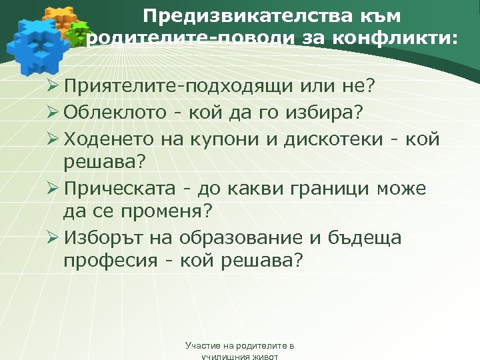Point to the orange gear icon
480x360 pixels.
coord(58,20)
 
